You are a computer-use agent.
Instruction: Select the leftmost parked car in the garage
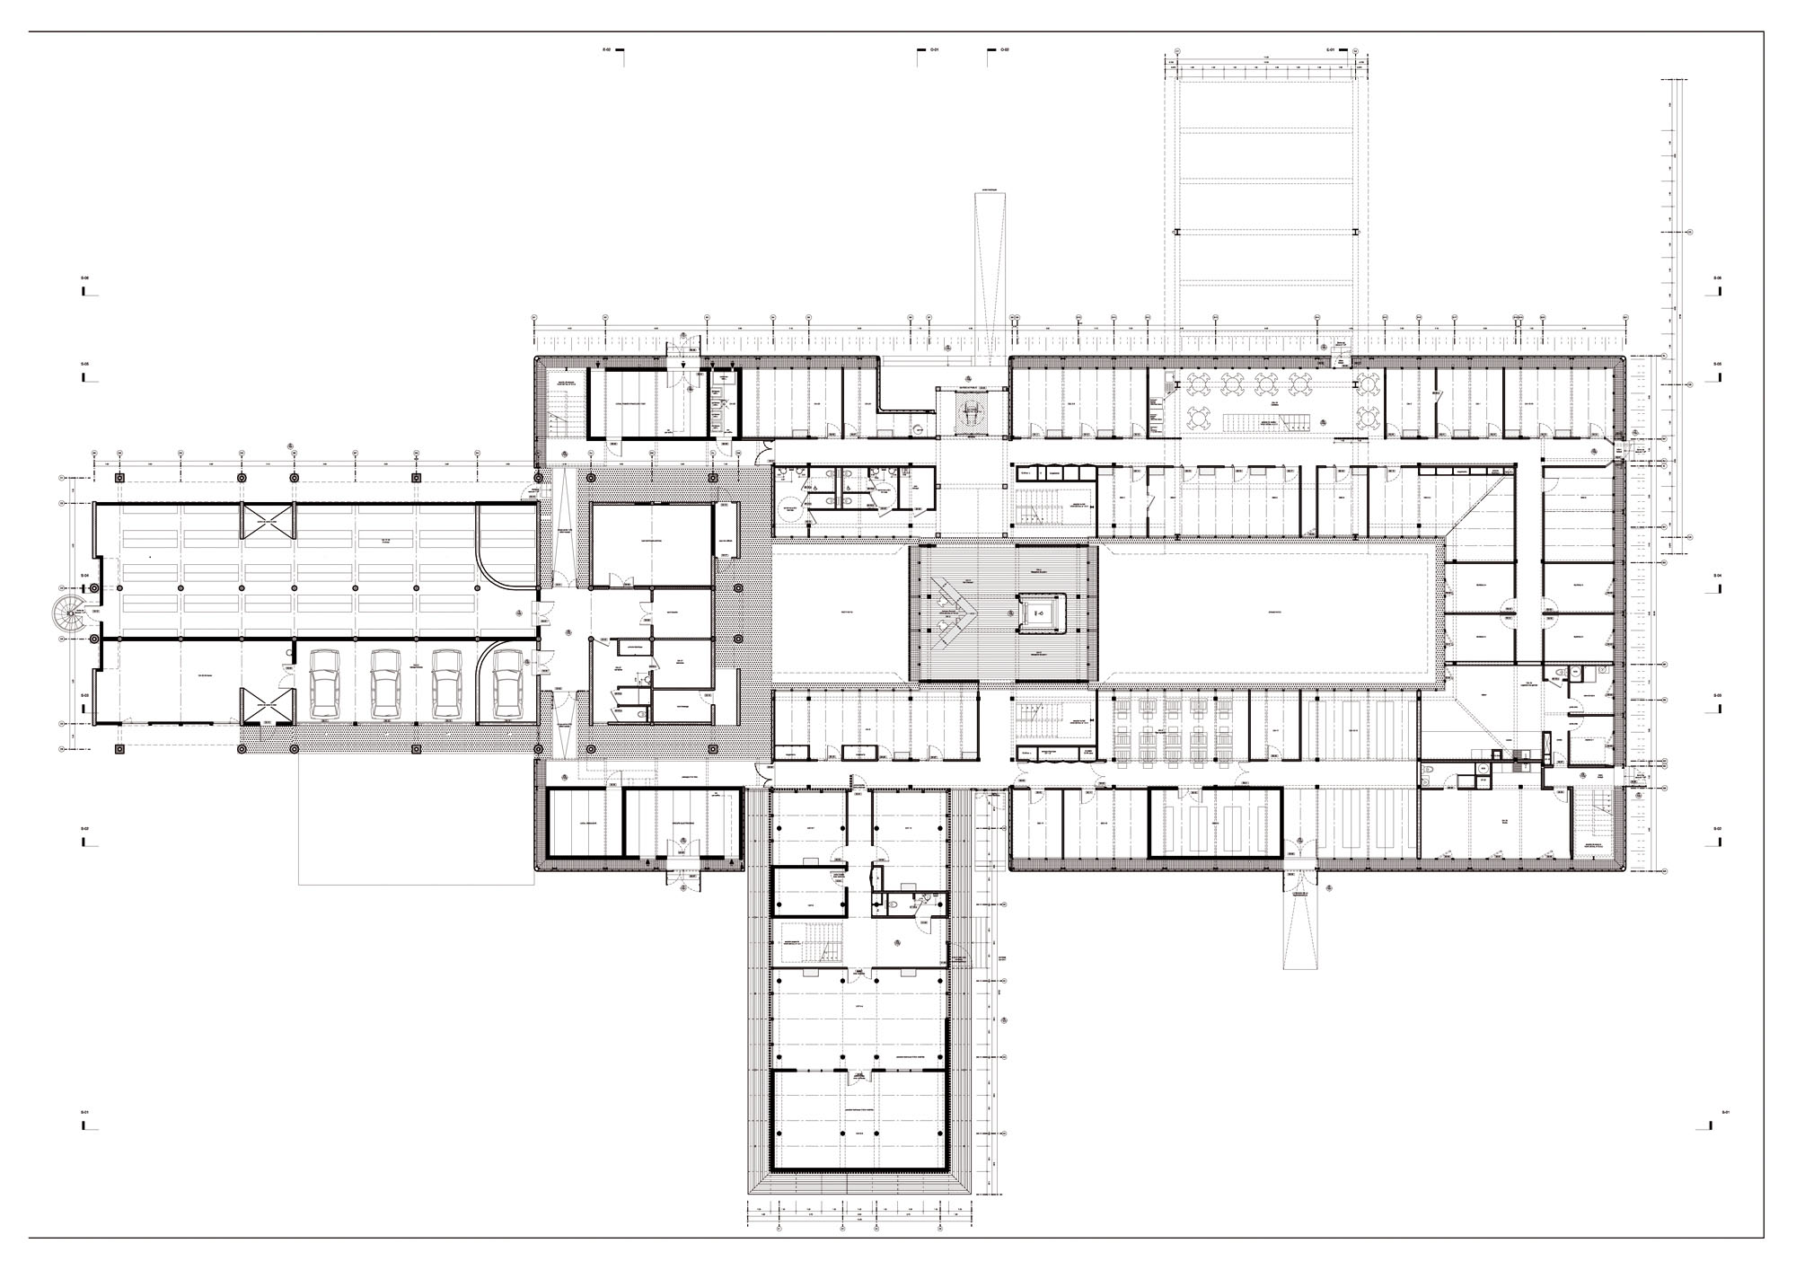pyautogui.click(x=325, y=684)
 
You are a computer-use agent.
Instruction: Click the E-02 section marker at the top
pyautogui.click(x=607, y=50)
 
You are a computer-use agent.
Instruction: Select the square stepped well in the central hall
pyautogui.click(x=1039, y=613)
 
